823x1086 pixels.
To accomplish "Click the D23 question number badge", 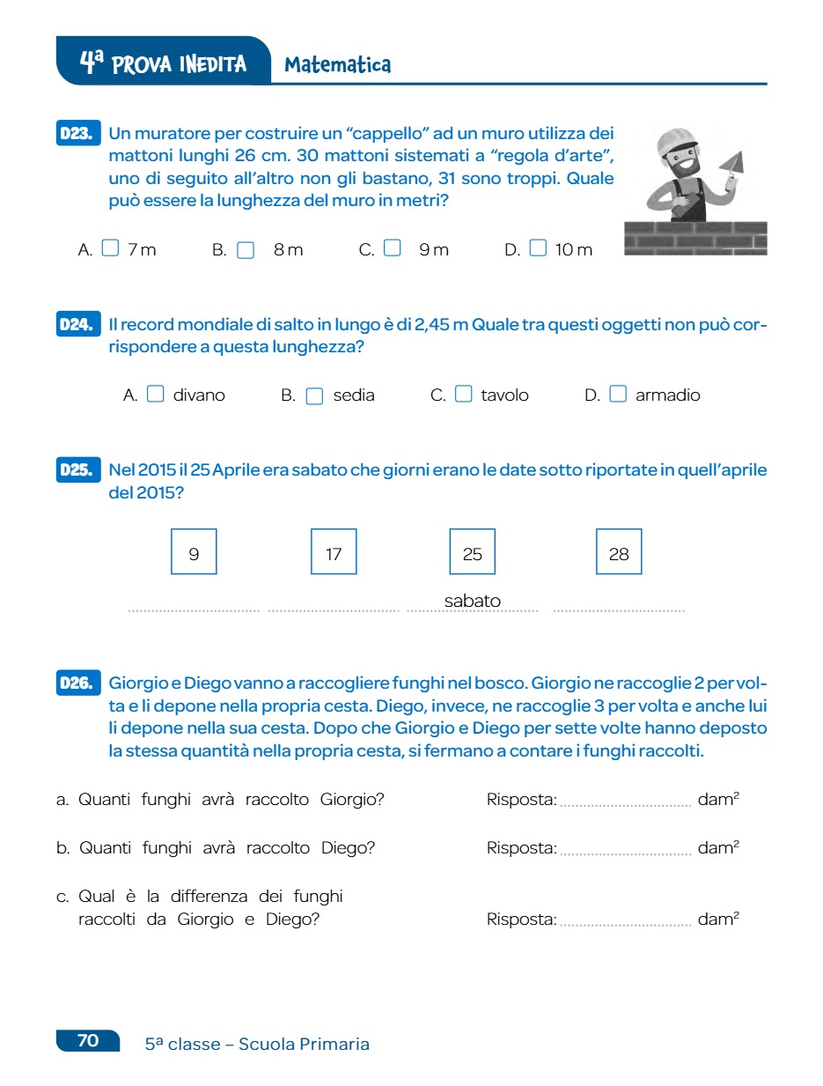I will (x=77, y=134).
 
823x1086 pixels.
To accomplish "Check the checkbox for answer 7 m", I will (x=110, y=248).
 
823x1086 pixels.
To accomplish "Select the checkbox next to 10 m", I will (x=538, y=248).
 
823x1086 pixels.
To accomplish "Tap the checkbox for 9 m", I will (x=393, y=248).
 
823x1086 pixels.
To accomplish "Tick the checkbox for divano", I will (x=155, y=395).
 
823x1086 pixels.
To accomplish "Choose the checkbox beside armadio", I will (x=618, y=395).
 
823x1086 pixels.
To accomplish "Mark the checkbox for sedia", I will (x=314, y=395).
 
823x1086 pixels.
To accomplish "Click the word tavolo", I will (x=504, y=395).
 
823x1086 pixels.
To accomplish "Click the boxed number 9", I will (x=194, y=552).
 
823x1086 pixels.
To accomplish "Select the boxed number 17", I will (x=334, y=552).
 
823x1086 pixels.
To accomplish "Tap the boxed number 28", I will (x=619, y=552).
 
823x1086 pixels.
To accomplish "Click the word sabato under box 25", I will (x=472, y=601).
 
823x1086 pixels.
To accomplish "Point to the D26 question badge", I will (x=77, y=683).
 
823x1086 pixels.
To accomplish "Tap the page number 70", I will (x=88, y=1040).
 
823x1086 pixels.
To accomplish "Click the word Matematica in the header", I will (x=337, y=64).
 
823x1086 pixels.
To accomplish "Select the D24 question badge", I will (x=77, y=325).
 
